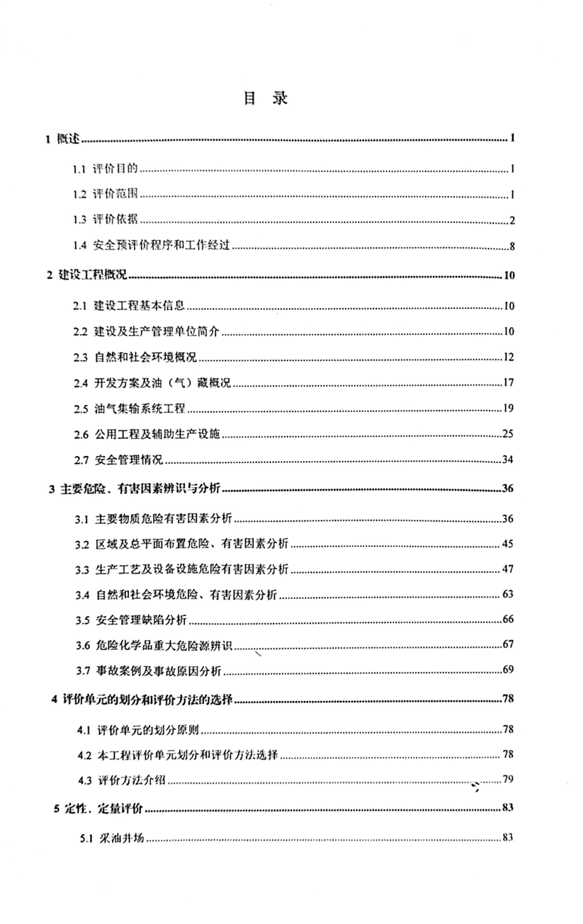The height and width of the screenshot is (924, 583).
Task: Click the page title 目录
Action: point(266,98)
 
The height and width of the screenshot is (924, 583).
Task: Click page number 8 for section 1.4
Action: point(511,246)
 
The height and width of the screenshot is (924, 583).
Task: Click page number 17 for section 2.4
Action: point(509,384)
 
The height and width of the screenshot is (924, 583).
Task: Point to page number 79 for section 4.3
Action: point(507,780)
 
